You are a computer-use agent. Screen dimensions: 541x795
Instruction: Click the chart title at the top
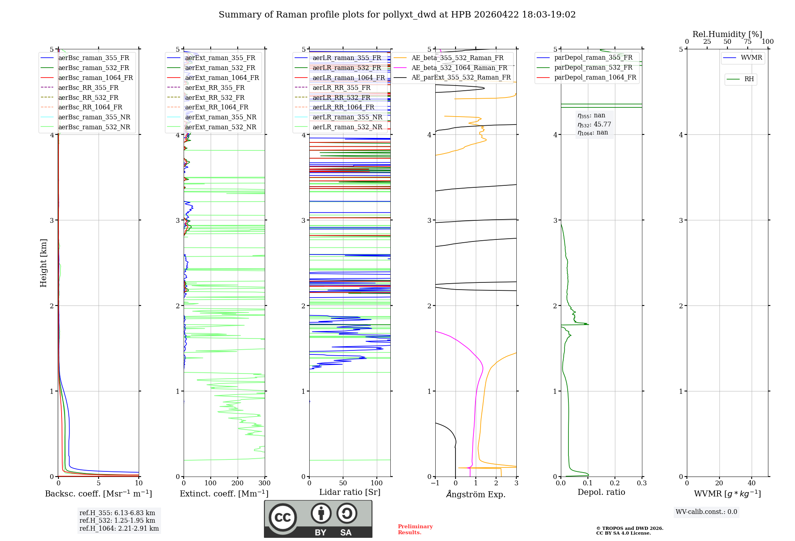point(397,15)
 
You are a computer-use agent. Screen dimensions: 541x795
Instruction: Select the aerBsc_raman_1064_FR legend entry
point(95,78)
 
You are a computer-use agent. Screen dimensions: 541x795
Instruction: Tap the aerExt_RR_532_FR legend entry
point(215,97)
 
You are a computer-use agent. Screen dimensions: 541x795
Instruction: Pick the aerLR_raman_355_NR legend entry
point(347,117)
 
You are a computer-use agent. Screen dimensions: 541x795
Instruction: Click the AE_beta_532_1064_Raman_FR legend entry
point(459,68)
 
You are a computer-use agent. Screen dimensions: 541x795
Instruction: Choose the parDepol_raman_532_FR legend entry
point(593,67)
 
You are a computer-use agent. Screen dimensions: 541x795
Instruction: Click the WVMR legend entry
point(751,58)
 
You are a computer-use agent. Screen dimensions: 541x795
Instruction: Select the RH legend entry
point(749,79)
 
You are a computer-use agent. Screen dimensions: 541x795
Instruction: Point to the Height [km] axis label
point(43,263)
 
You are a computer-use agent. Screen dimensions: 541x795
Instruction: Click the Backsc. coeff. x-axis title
point(98,494)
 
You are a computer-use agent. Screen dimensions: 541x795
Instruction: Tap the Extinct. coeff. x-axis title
point(224,494)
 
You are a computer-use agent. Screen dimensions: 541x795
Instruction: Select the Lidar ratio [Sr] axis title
point(349,492)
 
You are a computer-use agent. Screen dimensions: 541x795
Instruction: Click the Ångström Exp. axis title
point(475,494)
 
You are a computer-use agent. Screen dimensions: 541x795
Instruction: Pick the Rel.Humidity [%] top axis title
point(727,34)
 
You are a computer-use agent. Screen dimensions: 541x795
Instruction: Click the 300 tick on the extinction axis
point(264,483)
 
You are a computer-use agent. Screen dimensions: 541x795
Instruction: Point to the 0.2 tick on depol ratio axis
point(615,483)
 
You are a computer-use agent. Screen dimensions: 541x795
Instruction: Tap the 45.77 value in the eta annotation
point(602,125)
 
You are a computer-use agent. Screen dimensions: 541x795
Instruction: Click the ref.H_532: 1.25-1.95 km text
point(117,520)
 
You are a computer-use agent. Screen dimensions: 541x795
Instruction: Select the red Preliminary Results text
point(415,529)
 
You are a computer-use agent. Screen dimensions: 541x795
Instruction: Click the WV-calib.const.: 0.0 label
point(706,512)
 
